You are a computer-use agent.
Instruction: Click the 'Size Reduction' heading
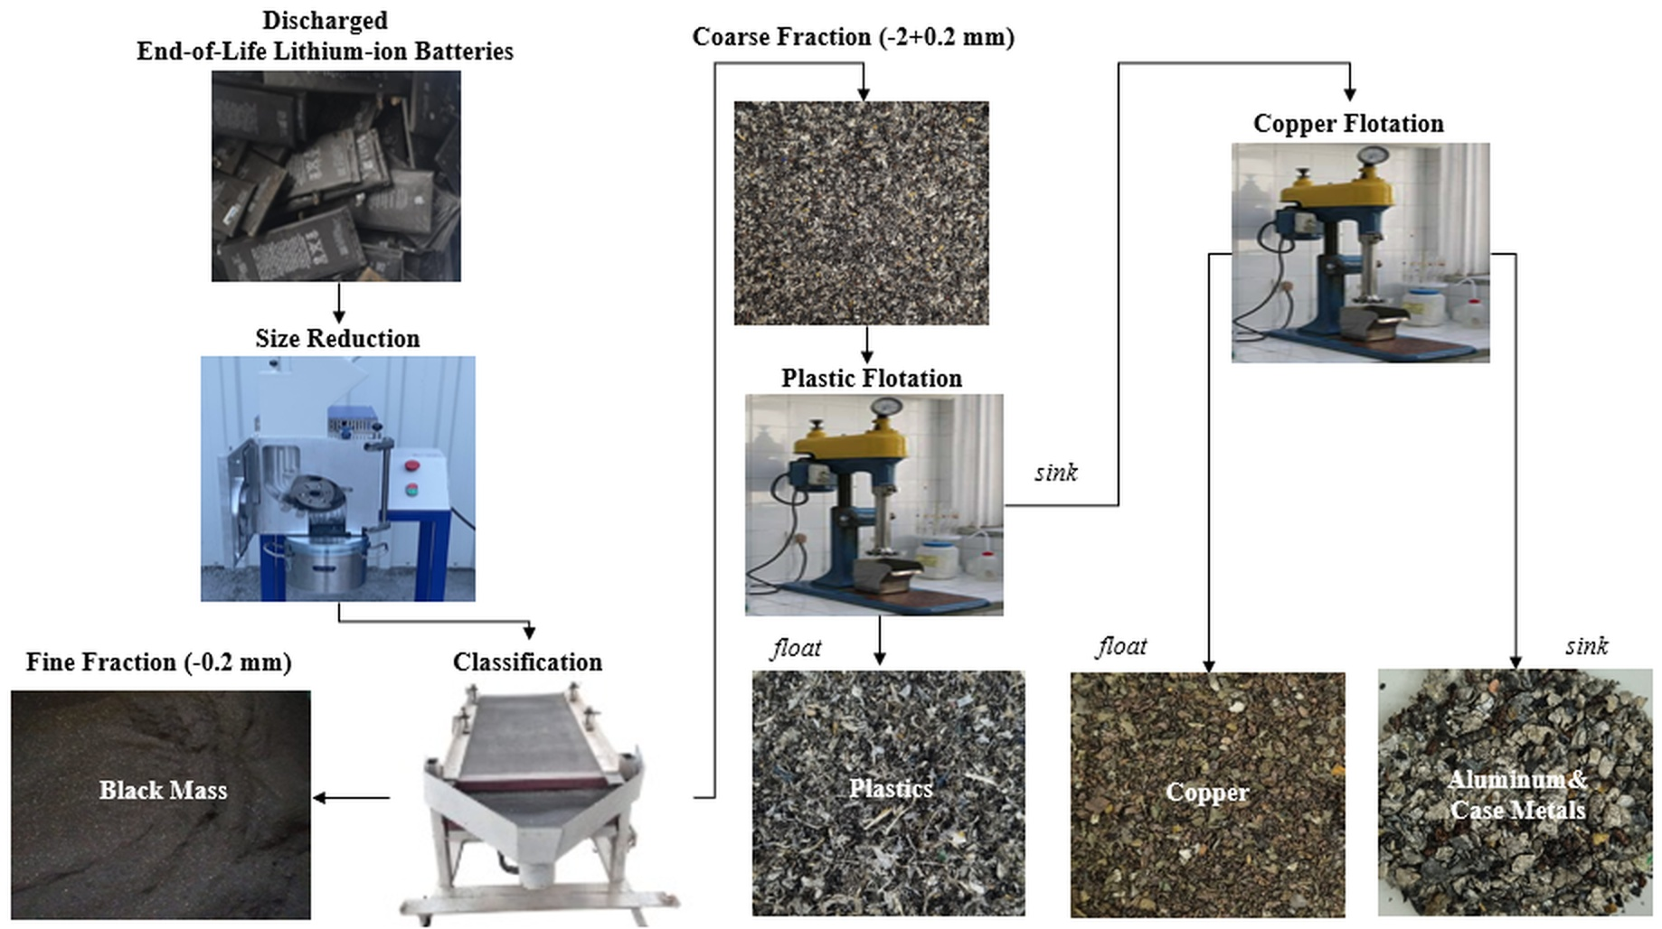pyautogui.click(x=337, y=339)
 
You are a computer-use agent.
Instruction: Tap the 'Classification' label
pyautogui.click(x=527, y=662)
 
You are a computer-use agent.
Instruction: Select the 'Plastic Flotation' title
pyautogui.click(x=872, y=379)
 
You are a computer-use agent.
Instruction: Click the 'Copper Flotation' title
pyautogui.click(x=1348, y=124)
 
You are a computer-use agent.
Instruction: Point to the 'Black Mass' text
pyautogui.click(x=163, y=791)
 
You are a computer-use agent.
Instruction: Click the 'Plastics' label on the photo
pyautogui.click(x=891, y=789)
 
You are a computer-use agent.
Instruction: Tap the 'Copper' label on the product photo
pyautogui.click(x=1207, y=793)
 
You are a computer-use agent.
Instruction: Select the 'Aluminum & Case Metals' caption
pyautogui.click(x=1517, y=794)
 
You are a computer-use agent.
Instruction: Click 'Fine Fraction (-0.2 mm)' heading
pyautogui.click(x=159, y=662)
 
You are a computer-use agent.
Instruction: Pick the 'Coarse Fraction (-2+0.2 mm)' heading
pyautogui.click(x=854, y=37)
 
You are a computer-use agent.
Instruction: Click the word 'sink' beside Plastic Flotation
pyautogui.click(x=1056, y=473)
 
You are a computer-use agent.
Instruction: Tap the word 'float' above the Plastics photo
pyautogui.click(x=797, y=648)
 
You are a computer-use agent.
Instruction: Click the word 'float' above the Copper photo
pyautogui.click(x=1122, y=646)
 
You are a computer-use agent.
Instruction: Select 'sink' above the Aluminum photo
pyautogui.click(x=1587, y=646)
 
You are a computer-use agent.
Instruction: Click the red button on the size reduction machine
pyautogui.click(x=412, y=466)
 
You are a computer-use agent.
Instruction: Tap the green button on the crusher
pyautogui.click(x=411, y=490)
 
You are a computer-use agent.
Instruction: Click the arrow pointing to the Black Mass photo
pyautogui.click(x=348, y=798)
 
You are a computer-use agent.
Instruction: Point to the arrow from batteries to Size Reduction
pyautogui.click(x=339, y=304)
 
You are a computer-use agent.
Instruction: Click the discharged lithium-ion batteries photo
pyautogui.click(x=336, y=176)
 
